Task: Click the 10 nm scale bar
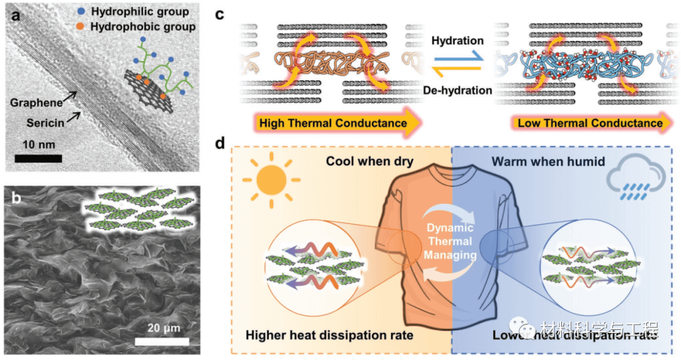38,158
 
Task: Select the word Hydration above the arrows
457,40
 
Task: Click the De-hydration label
457,90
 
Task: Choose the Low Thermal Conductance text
590,123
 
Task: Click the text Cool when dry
369,161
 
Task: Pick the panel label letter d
220,143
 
